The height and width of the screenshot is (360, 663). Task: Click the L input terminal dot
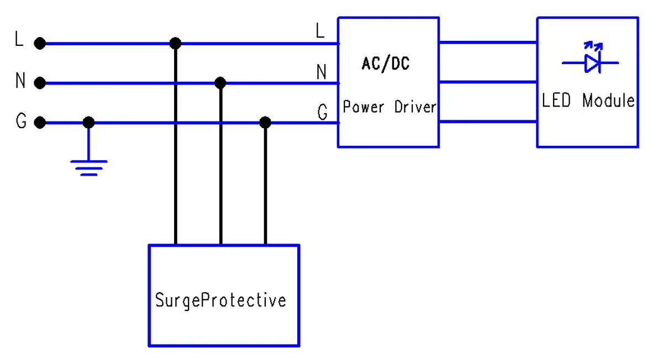pos(39,43)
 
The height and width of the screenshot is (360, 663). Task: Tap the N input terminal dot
pos(39,83)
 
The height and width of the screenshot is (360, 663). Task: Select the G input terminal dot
pos(39,122)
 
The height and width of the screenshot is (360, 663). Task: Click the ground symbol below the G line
pos(88,166)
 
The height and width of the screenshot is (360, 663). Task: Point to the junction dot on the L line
pos(175,43)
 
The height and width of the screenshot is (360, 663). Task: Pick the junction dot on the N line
pos(220,83)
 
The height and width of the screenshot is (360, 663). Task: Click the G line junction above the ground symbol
pos(88,122)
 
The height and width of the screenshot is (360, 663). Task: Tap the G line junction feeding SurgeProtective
pos(265,122)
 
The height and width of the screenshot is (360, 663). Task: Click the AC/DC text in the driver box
pos(386,64)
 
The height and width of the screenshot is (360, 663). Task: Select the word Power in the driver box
pos(363,107)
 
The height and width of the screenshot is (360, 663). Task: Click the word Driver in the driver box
pos(415,107)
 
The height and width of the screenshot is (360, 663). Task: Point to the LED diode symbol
pos(592,62)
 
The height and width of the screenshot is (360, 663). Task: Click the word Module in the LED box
pos(609,101)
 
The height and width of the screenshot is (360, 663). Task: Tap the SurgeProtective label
pos(220,300)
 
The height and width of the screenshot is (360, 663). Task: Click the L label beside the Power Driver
pos(320,32)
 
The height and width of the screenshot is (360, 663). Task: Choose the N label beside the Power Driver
pos(321,72)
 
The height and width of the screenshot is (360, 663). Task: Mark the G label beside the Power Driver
pos(322,113)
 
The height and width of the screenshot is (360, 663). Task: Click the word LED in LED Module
pos(556,101)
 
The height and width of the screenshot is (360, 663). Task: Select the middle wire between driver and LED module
pos(488,82)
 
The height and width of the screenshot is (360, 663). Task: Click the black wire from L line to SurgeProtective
pos(175,144)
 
